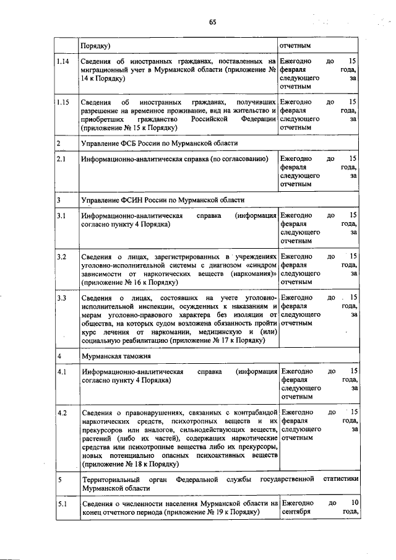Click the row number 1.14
click(x=62, y=62)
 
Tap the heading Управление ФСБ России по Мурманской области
click(x=159, y=143)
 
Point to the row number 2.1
click(x=61, y=159)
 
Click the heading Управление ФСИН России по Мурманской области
click(x=162, y=200)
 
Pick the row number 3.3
click(x=61, y=298)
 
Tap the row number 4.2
click(x=61, y=411)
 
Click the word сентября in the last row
click(x=296, y=512)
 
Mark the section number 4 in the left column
click(x=59, y=356)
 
